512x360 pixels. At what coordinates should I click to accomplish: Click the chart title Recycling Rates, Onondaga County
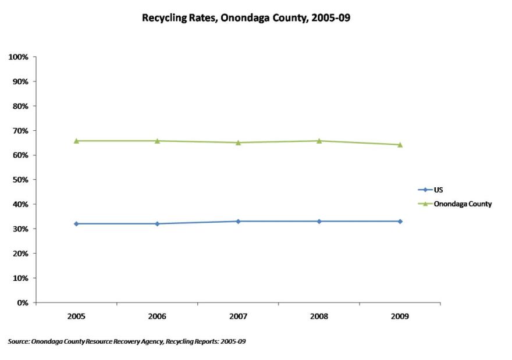(x=246, y=18)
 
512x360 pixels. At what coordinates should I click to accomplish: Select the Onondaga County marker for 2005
(x=76, y=141)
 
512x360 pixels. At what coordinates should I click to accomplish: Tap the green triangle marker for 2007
(x=238, y=142)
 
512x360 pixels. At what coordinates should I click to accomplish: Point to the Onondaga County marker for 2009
(x=400, y=145)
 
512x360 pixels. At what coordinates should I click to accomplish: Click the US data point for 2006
(x=157, y=223)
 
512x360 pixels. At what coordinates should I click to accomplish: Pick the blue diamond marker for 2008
(x=319, y=221)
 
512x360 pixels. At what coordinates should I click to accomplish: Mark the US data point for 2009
(x=400, y=221)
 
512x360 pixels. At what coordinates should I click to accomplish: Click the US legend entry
(x=438, y=190)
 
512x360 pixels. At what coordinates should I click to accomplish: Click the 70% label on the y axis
(x=20, y=131)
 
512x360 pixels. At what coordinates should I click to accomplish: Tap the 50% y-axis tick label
(x=20, y=180)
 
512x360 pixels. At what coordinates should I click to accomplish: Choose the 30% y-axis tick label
(x=20, y=229)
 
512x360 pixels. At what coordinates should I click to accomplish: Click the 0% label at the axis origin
(x=22, y=302)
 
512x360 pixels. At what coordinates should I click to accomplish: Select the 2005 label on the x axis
(x=76, y=317)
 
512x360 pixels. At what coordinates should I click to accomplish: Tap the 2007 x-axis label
(x=238, y=317)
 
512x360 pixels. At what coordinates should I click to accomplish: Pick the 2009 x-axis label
(x=400, y=317)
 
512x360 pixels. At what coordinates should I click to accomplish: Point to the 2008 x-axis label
(x=319, y=317)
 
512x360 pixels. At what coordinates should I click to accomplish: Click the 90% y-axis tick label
(x=20, y=81)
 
